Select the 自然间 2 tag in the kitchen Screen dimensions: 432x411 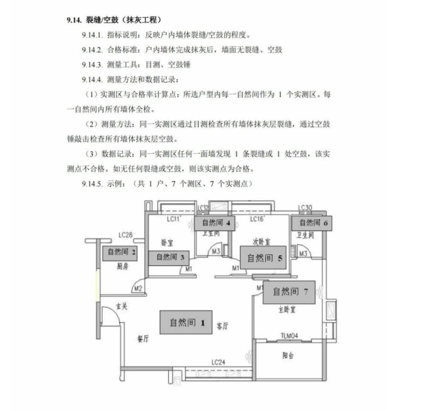click(120, 252)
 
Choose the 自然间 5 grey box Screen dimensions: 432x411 click(265, 258)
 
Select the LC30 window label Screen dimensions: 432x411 click(306, 207)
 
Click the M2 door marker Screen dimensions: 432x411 click(137, 288)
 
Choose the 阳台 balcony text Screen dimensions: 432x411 click(288, 356)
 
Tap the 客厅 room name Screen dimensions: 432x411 click(222, 326)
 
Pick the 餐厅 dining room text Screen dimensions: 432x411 click(143, 338)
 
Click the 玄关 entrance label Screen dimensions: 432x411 click(121, 306)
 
